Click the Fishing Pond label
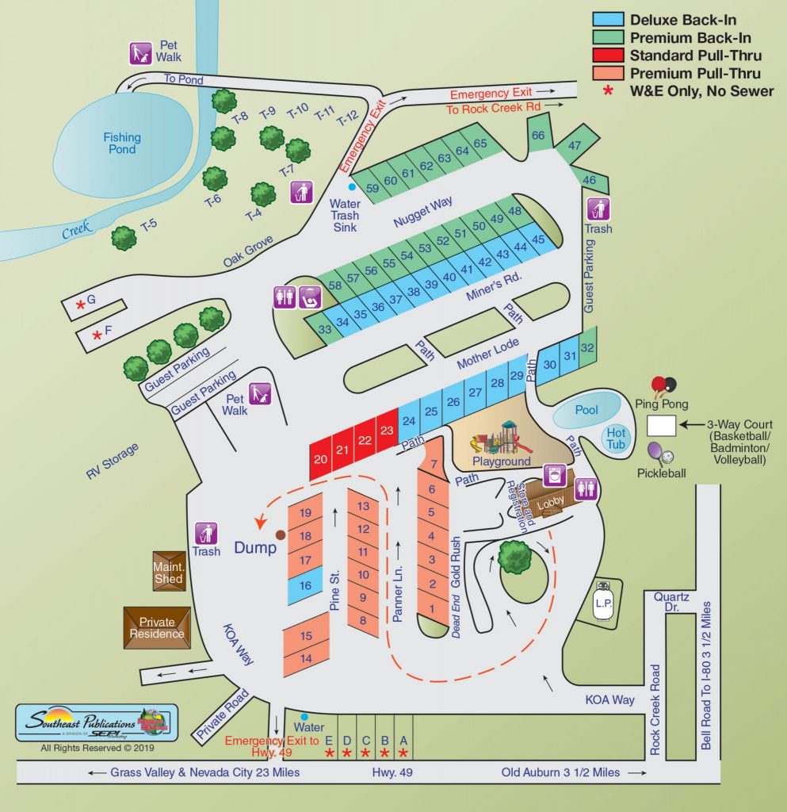[122, 143]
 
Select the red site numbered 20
[320, 458]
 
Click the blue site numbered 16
[305, 585]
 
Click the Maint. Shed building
[168, 572]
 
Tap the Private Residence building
[157, 627]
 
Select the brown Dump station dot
[281, 535]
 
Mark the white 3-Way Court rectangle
[661, 425]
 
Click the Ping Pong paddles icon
[663, 387]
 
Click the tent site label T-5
[149, 224]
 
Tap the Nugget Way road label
[423, 211]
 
